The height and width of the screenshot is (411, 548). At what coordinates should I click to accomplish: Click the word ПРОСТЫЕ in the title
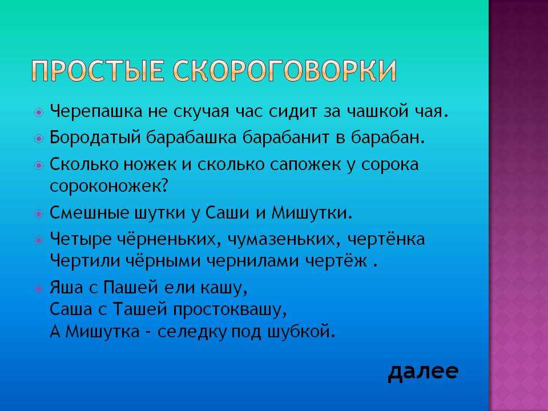click(98, 71)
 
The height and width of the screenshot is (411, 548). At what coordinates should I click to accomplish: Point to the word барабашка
click(191, 137)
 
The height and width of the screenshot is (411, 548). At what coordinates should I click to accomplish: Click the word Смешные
click(90, 212)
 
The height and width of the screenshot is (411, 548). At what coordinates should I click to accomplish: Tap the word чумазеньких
click(284, 240)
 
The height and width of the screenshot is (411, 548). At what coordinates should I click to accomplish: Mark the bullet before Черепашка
click(39, 112)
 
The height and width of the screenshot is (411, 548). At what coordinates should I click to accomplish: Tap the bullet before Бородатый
click(39, 138)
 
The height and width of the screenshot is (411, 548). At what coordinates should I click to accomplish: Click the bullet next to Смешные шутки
click(39, 213)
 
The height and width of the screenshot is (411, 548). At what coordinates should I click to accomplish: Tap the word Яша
click(67, 288)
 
